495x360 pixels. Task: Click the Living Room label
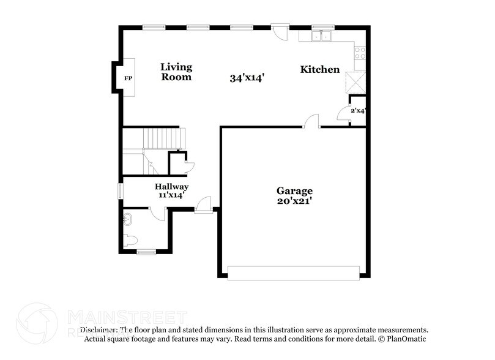[x=176, y=72]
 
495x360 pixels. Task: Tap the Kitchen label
[x=319, y=70]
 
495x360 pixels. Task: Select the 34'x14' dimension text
[x=247, y=78]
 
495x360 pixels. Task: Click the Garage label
[x=294, y=190]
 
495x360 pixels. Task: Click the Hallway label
[x=171, y=186]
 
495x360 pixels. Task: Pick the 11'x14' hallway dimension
[x=171, y=195]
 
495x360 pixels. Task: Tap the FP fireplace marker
[x=128, y=78]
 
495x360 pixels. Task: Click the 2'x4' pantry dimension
[x=358, y=111]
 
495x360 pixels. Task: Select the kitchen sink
[x=321, y=36]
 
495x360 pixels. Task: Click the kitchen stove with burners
[x=360, y=53]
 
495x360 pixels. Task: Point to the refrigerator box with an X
[x=355, y=81]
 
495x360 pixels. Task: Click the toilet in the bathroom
[x=129, y=239]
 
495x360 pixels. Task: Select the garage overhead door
[x=294, y=272]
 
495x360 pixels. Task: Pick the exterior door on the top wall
[x=280, y=31]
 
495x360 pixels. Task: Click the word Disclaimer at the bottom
[x=98, y=329]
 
